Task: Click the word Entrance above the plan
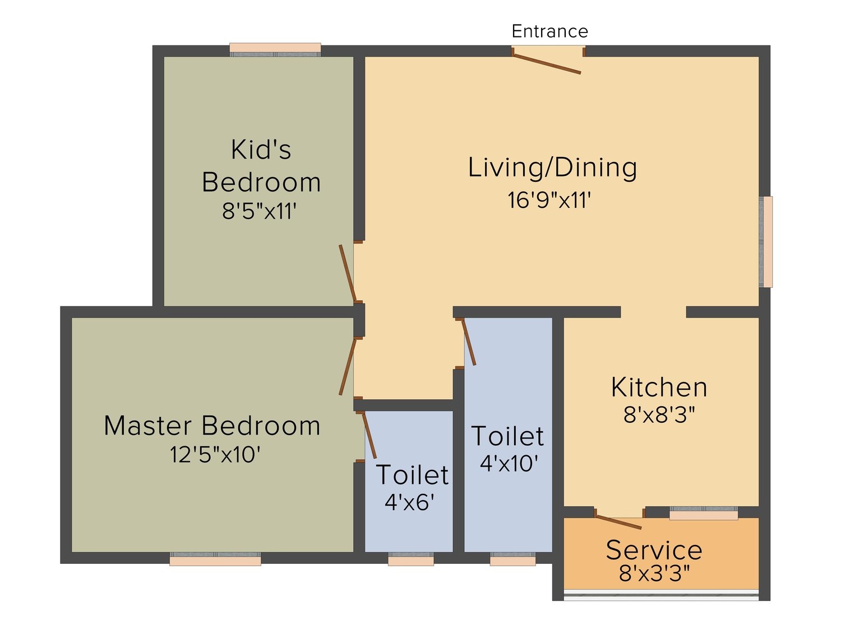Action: [549, 31]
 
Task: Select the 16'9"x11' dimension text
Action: [549, 200]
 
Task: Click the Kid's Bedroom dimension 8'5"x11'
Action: [260, 211]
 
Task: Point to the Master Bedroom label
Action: [212, 426]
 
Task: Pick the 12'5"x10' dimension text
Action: [215, 455]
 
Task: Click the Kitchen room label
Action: [659, 388]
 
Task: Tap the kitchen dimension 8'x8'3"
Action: [659, 414]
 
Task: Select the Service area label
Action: [654, 550]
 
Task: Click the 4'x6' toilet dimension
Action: [410, 502]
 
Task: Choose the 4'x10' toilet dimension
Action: [509, 463]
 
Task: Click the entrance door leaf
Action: [547, 63]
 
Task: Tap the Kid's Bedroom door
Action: [348, 274]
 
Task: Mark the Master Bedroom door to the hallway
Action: [348, 366]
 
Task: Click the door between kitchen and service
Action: [618, 522]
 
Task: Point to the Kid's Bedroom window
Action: [275, 50]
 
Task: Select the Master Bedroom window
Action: [215, 559]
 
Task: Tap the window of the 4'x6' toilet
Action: [411, 559]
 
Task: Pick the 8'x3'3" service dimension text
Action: [654, 573]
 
